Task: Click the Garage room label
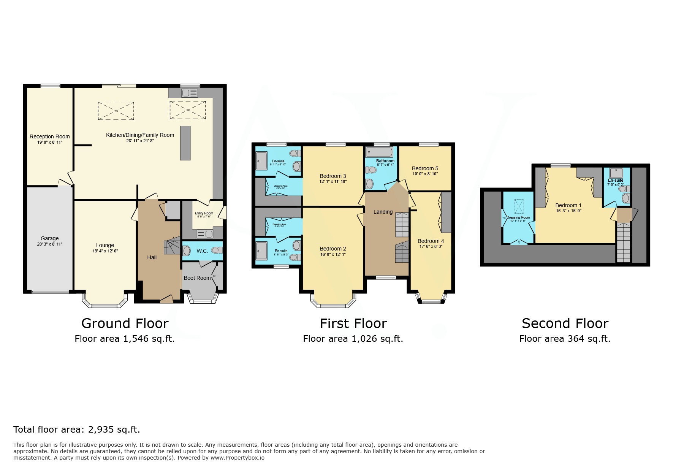(49, 238)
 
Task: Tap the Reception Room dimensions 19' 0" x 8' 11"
(49, 142)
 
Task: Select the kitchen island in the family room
(185, 143)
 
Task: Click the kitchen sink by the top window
(189, 93)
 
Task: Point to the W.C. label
(202, 251)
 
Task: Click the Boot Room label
(197, 278)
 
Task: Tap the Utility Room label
(204, 213)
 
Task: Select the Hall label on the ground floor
(152, 257)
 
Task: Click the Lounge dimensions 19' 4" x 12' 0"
(105, 251)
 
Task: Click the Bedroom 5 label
(425, 168)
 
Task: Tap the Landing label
(383, 212)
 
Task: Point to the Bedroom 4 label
(431, 241)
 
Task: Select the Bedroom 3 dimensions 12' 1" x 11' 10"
(333, 181)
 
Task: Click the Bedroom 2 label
(333, 249)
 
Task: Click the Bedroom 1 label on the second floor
(568, 205)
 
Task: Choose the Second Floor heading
(565, 324)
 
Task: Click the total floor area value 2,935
(101, 430)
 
